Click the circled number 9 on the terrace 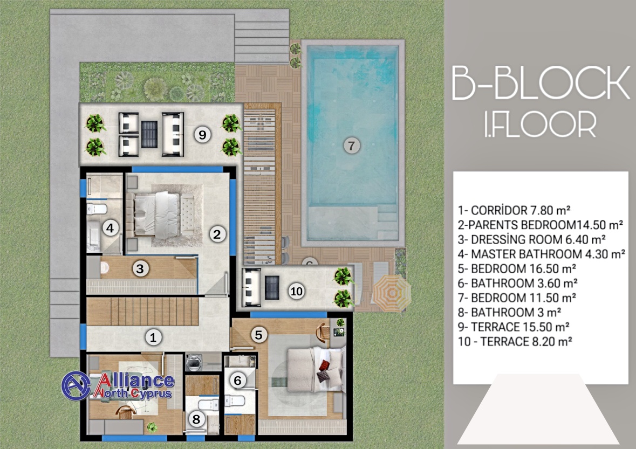(x=202, y=135)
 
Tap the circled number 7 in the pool (x=351, y=146)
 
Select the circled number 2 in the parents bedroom (x=217, y=234)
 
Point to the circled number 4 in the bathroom (x=110, y=228)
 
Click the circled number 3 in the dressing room (x=140, y=268)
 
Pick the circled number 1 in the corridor (x=153, y=337)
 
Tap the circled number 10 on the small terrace (x=297, y=291)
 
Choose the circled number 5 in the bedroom (x=259, y=335)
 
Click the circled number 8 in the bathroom (x=196, y=419)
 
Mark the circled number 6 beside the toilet (x=237, y=380)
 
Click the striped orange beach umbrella (x=391, y=292)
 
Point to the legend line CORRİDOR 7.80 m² (x=514, y=210)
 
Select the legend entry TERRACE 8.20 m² (x=515, y=342)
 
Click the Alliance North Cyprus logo (x=118, y=385)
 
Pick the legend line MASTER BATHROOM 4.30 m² (x=542, y=254)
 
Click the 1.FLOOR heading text (x=540, y=125)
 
